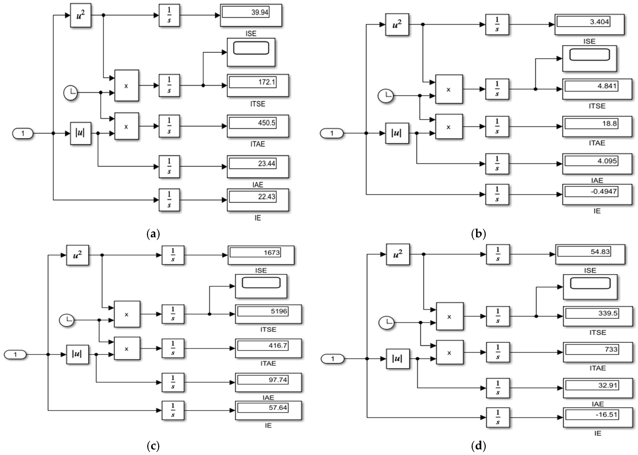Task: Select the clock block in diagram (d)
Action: [x=386, y=323]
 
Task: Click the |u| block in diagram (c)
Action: [x=77, y=354]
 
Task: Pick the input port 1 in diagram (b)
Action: [x=332, y=133]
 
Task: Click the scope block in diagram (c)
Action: [x=261, y=286]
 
